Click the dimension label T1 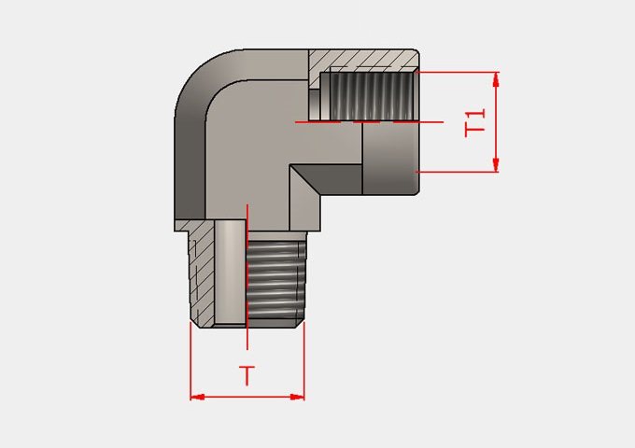474,122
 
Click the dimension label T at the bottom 247,375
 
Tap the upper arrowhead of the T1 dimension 496,79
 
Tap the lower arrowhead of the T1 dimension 496,164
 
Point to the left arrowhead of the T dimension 197,397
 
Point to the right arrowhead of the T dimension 297,397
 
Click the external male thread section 276,279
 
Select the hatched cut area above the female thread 362,61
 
